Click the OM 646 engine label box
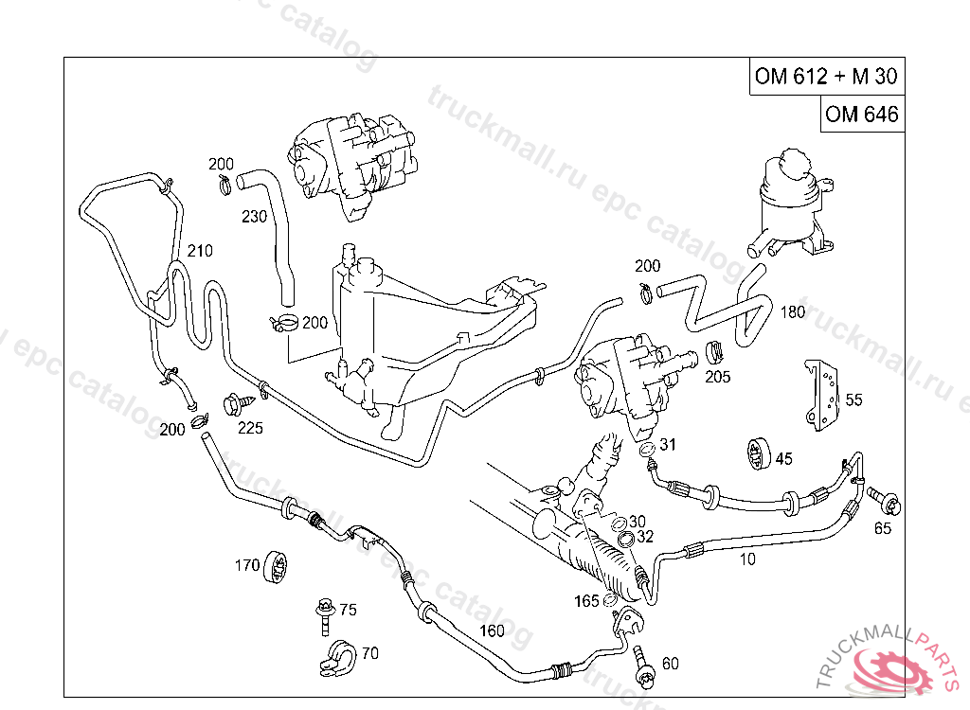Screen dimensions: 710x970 click(861, 114)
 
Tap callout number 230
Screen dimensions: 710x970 click(254, 216)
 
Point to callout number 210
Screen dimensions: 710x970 click(199, 251)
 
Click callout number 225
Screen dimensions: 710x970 click(250, 427)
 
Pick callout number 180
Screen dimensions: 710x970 click(793, 311)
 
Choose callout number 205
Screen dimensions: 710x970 click(718, 376)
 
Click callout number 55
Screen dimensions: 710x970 click(853, 399)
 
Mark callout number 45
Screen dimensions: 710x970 click(783, 459)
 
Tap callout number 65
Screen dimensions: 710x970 click(883, 528)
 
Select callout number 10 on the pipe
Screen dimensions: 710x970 click(747, 559)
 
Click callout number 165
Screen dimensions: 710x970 click(586, 600)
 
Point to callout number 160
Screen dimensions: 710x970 click(492, 631)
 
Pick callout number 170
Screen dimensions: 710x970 click(246, 566)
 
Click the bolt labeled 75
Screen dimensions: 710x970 click(325, 613)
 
